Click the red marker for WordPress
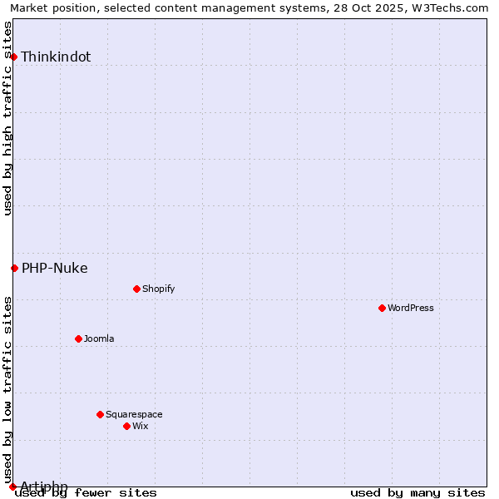point(382,308)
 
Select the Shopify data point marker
point(136,289)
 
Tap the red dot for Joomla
point(78,338)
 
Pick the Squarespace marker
point(100,414)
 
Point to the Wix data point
point(126,426)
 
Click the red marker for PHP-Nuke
point(14,268)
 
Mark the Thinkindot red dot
point(14,57)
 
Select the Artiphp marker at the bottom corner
point(12,487)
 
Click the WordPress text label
point(411,308)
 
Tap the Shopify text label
point(158,289)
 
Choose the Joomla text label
point(99,338)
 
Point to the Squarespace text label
point(134,414)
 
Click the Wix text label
point(140,426)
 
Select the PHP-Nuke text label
point(54,268)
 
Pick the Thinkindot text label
point(56,57)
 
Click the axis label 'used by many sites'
point(417,492)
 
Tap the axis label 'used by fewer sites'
point(86,492)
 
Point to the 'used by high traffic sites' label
point(7,118)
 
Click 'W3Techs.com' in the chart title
point(454,7)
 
